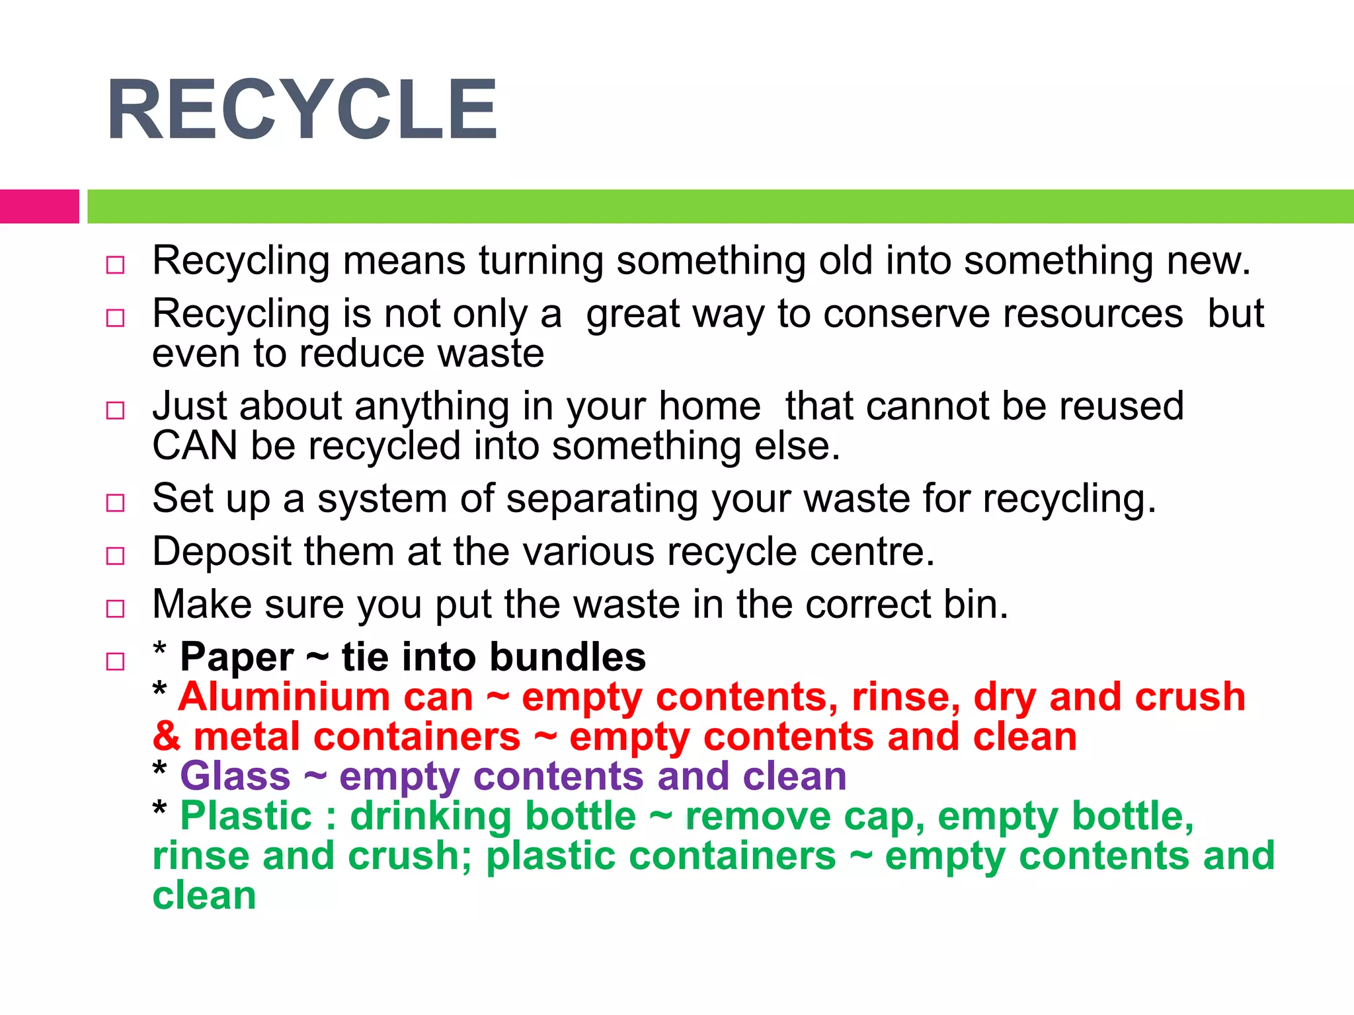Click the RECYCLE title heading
pos(301,110)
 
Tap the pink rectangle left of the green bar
pos(39,206)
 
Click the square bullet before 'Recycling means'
pos(115,265)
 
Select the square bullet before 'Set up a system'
pos(115,503)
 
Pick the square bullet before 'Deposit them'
pos(115,556)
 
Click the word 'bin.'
pos(976,605)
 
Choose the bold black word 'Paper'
pos(237,658)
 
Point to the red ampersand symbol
pos(166,737)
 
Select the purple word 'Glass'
pos(235,776)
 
